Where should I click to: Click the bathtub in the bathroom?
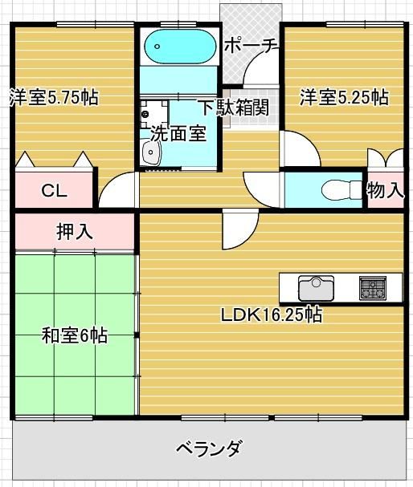click(x=180, y=47)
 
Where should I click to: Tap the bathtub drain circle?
click(x=157, y=47)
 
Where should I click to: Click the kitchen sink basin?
click(x=316, y=288)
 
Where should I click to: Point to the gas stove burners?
click(x=373, y=288)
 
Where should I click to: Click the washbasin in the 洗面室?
click(x=151, y=152)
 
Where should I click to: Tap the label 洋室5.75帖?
click(x=54, y=97)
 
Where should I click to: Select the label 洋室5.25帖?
click(x=344, y=97)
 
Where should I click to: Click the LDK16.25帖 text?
click(x=272, y=315)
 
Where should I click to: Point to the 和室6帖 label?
click(x=75, y=335)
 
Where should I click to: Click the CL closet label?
click(x=55, y=191)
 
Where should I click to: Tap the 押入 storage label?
click(x=75, y=231)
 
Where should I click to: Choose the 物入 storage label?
click(x=386, y=189)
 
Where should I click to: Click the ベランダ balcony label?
click(x=209, y=448)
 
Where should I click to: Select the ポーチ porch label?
click(x=251, y=46)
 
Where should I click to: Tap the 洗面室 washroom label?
click(x=178, y=134)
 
